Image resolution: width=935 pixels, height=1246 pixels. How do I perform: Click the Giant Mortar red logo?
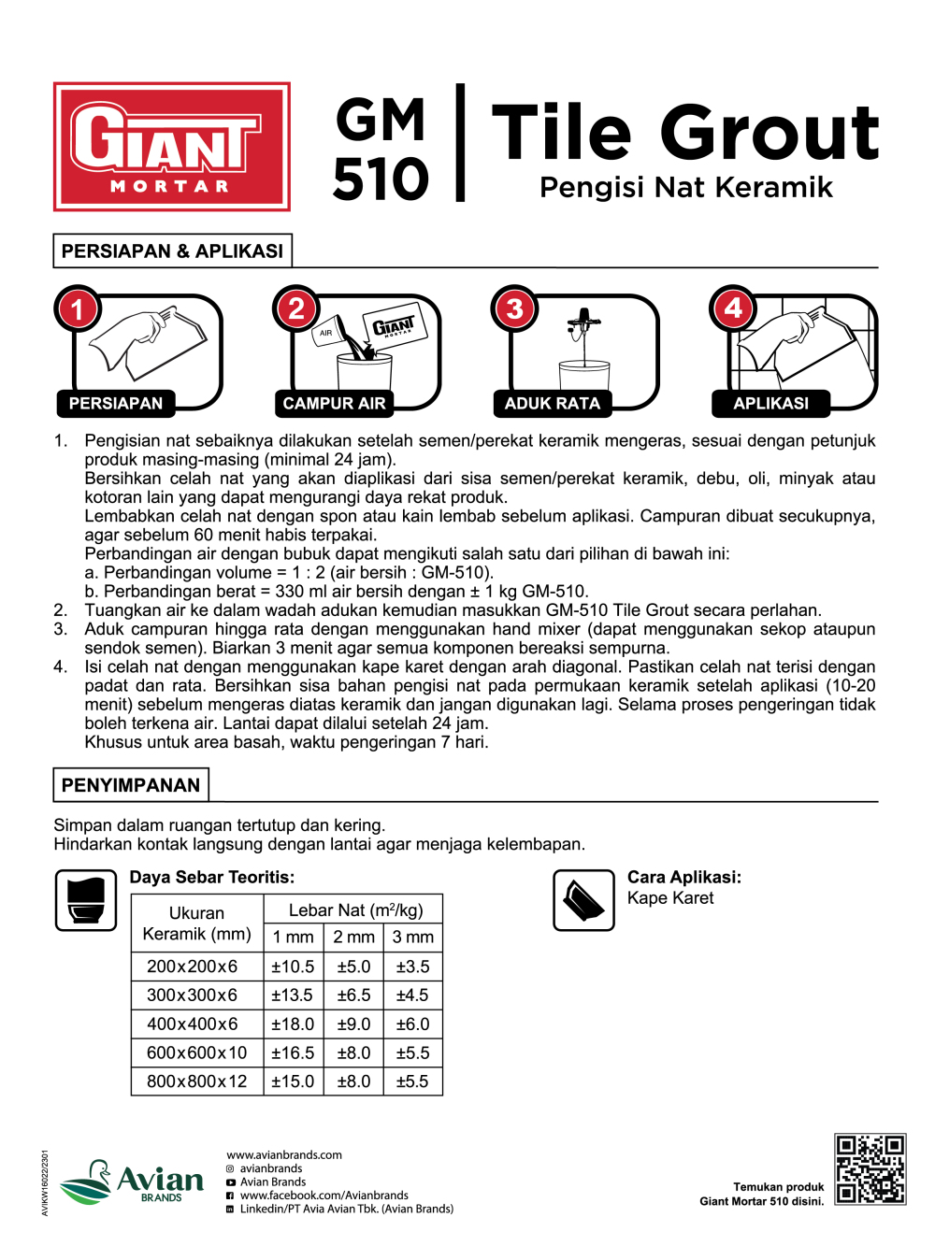tap(172, 146)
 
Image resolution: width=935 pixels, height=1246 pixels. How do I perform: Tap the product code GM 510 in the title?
tap(381, 150)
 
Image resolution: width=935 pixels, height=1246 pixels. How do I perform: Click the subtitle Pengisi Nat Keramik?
tap(685, 187)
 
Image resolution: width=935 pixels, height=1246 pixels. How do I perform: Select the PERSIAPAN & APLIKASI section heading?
tap(172, 251)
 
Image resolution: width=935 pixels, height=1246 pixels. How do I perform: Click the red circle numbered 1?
tap(78, 308)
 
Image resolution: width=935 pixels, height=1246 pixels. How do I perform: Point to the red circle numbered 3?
tap(514, 308)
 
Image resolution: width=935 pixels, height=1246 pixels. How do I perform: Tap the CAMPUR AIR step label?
tap(334, 403)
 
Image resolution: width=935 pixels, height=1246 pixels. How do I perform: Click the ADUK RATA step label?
tap(552, 403)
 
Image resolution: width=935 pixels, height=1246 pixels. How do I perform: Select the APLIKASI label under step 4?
tap(770, 403)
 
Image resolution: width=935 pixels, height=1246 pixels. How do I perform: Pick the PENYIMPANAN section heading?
tap(131, 785)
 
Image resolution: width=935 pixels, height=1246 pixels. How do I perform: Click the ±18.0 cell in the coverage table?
tap(293, 1024)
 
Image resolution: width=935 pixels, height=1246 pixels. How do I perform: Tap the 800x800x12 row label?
tap(196, 1081)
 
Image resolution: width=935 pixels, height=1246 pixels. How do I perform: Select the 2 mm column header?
tap(353, 937)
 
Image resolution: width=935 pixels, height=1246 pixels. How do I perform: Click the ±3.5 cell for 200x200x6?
tap(412, 967)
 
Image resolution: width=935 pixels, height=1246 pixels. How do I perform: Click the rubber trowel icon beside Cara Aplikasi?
tap(583, 900)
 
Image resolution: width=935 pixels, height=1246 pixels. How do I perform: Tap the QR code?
tap(870, 1169)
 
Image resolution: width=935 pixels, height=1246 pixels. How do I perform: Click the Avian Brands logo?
tap(133, 1182)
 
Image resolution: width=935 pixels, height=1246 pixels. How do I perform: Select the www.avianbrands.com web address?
tap(284, 1155)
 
